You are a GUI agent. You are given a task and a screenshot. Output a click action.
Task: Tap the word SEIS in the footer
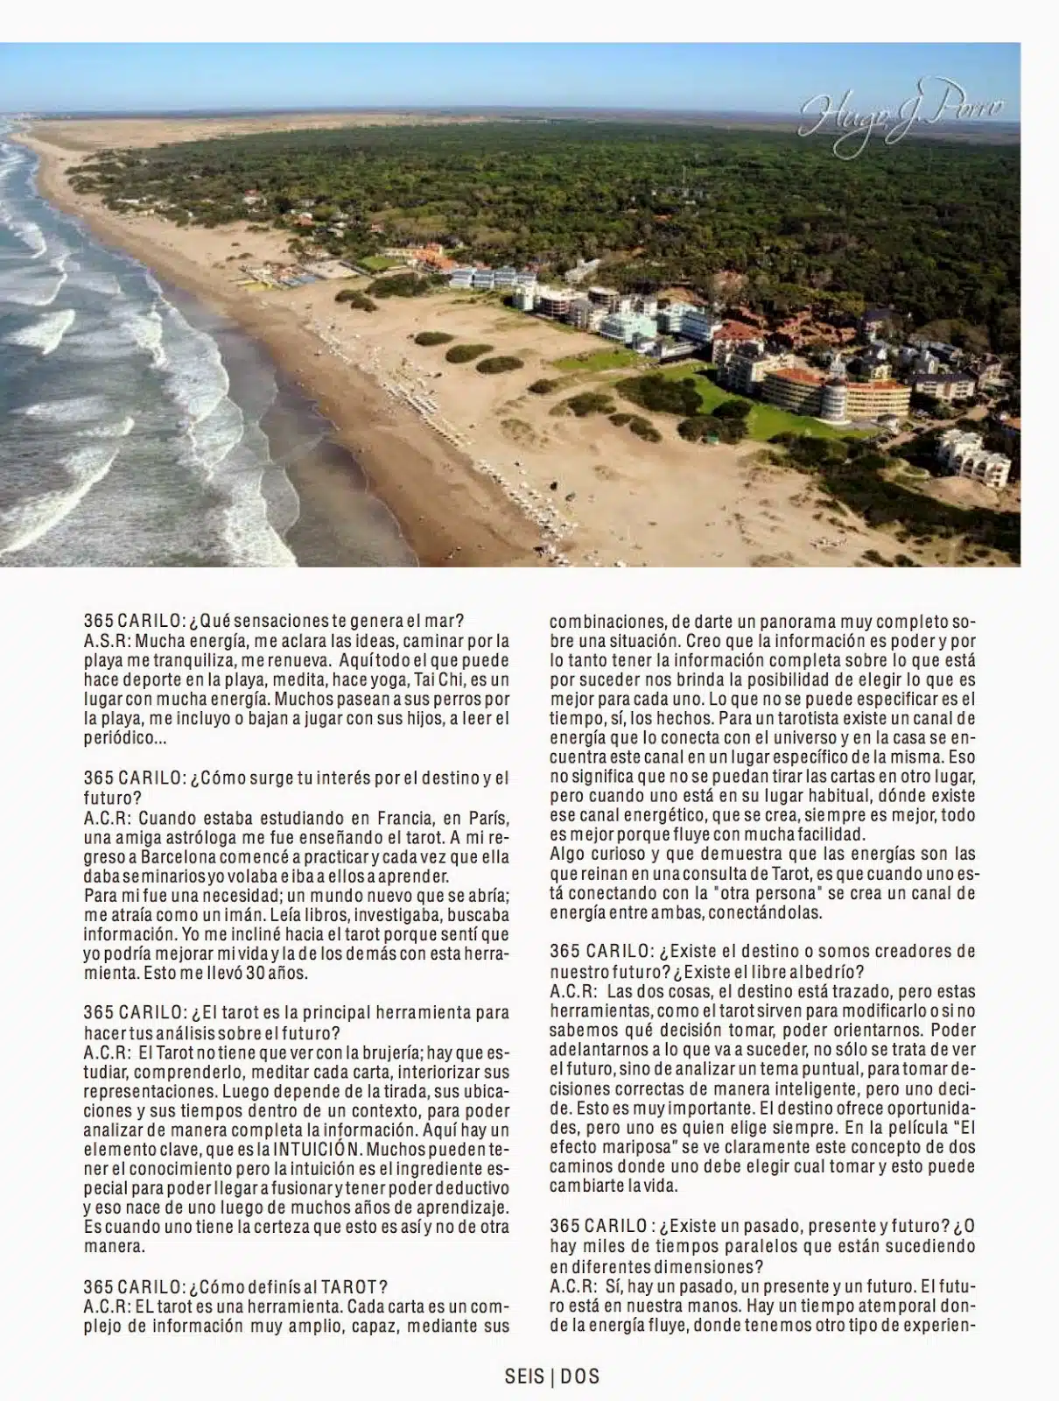(524, 1376)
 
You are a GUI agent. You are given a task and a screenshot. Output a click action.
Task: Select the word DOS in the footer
(579, 1376)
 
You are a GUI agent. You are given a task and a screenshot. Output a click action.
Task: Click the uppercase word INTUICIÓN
(328, 1149)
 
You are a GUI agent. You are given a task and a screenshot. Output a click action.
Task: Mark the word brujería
(370, 1053)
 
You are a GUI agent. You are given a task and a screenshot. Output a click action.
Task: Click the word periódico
(122, 738)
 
